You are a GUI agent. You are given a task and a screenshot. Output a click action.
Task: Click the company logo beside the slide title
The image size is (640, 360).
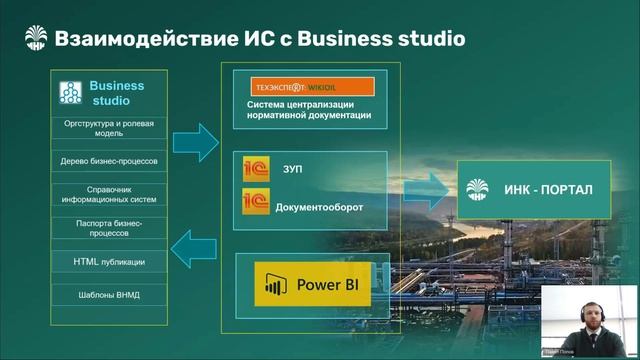tap(37, 38)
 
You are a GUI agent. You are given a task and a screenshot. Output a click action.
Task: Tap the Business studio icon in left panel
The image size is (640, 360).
tap(70, 93)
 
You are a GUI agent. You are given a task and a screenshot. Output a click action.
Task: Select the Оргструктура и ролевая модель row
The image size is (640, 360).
tap(110, 128)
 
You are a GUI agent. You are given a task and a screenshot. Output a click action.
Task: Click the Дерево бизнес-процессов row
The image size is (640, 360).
tap(110, 160)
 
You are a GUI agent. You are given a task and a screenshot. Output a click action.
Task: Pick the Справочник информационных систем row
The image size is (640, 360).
tap(110, 193)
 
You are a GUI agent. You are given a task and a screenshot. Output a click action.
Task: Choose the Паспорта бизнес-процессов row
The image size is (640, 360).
tap(110, 227)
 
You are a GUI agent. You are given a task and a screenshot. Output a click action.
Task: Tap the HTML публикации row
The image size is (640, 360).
tap(110, 261)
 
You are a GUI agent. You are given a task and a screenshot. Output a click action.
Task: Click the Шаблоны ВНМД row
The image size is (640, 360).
tap(110, 295)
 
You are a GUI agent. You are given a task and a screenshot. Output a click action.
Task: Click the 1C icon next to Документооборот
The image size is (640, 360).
tap(256, 205)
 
